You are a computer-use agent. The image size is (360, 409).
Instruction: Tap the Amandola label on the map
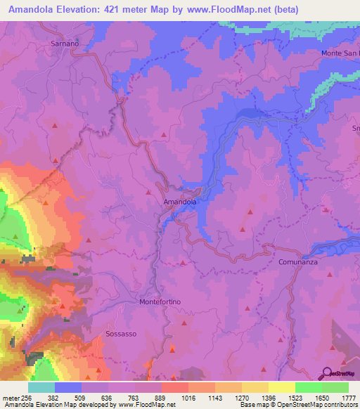pyautogui.click(x=179, y=202)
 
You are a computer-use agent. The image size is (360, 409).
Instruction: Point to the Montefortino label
pyautogui.click(x=160, y=301)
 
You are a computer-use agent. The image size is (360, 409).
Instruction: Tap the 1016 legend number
pyautogui.click(x=188, y=398)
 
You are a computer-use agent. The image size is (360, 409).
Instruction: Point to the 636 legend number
pyautogui.click(x=108, y=398)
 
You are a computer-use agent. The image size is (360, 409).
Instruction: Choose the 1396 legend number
pyautogui.click(x=269, y=398)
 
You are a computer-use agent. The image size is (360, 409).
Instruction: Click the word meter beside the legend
pyautogui.click(x=11, y=398)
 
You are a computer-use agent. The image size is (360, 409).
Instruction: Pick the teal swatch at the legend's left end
pyautogui.click(x=41, y=387)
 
